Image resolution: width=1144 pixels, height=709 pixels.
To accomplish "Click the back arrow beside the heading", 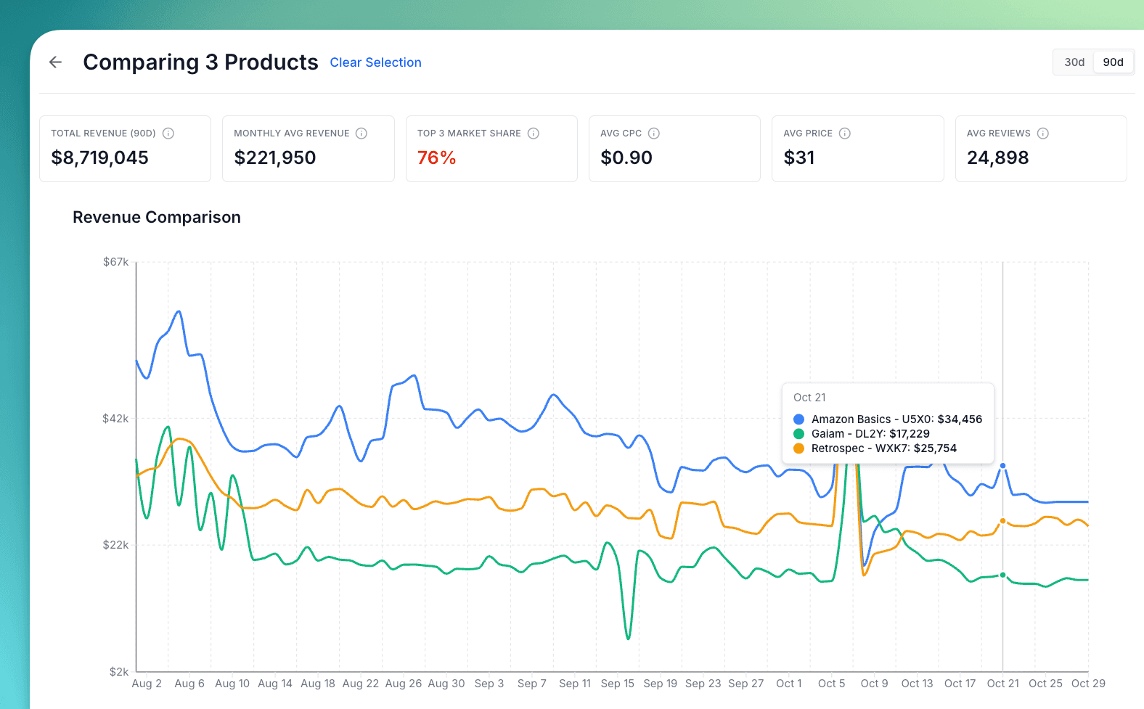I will (x=55, y=62).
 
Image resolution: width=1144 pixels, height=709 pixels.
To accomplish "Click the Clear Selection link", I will (x=375, y=62).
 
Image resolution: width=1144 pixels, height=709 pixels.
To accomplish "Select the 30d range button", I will (x=1074, y=62).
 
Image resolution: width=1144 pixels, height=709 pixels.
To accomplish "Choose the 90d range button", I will (x=1113, y=62).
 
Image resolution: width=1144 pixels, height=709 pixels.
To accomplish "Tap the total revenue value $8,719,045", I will (x=99, y=157).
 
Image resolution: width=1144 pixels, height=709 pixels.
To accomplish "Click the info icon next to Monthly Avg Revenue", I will (x=361, y=134).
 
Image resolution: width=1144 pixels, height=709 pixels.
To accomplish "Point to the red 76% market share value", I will (x=436, y=157).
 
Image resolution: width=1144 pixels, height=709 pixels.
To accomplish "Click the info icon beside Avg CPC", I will (x=653, y=134).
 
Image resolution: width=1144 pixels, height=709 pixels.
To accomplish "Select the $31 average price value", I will (x=798, y=157).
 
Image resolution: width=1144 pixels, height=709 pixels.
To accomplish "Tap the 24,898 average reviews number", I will (x=997, y=157).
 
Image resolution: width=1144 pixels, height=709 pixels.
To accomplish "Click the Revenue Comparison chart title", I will (x=156, y=217).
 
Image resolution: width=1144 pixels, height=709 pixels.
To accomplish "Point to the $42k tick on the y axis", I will (x=115, y=419).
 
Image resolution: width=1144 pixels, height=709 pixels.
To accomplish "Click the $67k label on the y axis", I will (x=115, y=262).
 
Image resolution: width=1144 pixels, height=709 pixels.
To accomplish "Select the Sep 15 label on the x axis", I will (x=617, y=684).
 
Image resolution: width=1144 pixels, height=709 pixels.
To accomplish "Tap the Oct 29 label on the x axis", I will (x=1087, y=684).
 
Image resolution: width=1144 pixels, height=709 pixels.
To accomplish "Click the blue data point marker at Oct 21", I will (x=1003, y=466).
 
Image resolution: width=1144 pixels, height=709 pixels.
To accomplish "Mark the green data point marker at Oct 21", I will (x=1003, y=575).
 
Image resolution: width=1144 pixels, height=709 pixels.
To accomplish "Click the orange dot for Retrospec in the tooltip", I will (x=798, y=448).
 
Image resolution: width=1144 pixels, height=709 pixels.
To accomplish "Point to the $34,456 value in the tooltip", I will (x=960, y=419).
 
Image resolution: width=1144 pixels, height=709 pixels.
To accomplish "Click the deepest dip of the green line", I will (x=628, y=639).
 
